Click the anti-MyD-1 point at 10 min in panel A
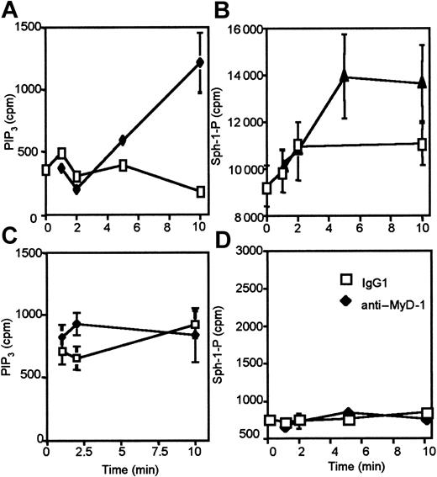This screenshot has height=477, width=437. click(199, 62)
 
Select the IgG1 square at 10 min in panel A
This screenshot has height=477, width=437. click(199, 192)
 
